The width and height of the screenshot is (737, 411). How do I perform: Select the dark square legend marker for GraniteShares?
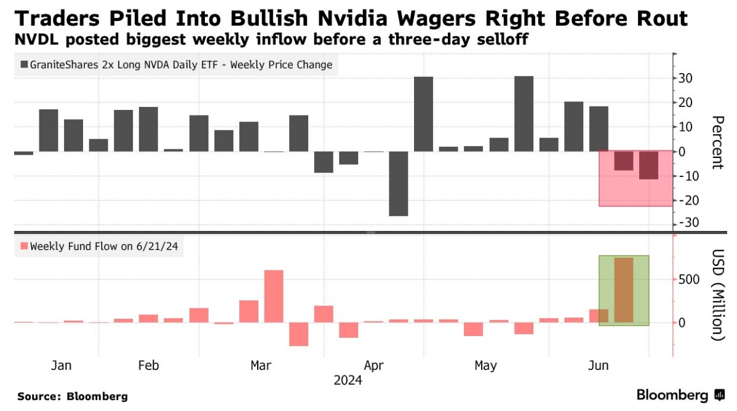pos(24,65)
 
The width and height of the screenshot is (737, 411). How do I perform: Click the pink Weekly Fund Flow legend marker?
pos(24,246)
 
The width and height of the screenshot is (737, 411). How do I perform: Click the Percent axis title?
pos(716,142)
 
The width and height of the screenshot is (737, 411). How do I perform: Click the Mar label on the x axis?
pos(261,366)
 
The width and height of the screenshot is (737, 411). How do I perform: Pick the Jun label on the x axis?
pos(599,366)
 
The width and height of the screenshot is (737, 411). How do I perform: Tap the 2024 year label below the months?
pos(348,380)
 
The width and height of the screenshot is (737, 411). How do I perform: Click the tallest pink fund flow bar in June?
pos(624,290)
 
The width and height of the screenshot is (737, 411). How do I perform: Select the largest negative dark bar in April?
pos(399,183)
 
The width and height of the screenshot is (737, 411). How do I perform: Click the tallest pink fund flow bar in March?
pos(274,296)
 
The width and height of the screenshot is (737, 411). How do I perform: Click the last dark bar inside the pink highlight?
pos(648,165)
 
